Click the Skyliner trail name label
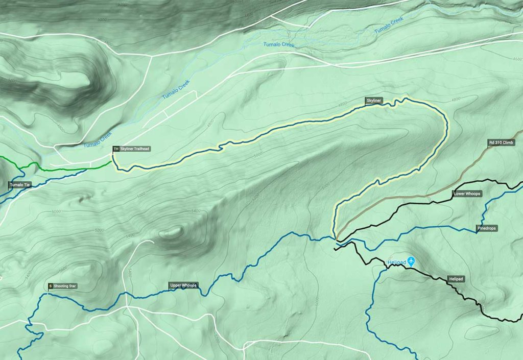tap(374, 101)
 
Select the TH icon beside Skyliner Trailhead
tap(116, 149)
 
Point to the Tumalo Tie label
tap(20, 185)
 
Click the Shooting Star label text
tap(65, 286)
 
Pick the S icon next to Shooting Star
tap(51, 286)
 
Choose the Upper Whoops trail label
tap(183, 285)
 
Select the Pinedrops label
tap(487, 228)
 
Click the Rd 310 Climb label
tap(501, 142)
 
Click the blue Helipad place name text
tap(396, 262)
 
